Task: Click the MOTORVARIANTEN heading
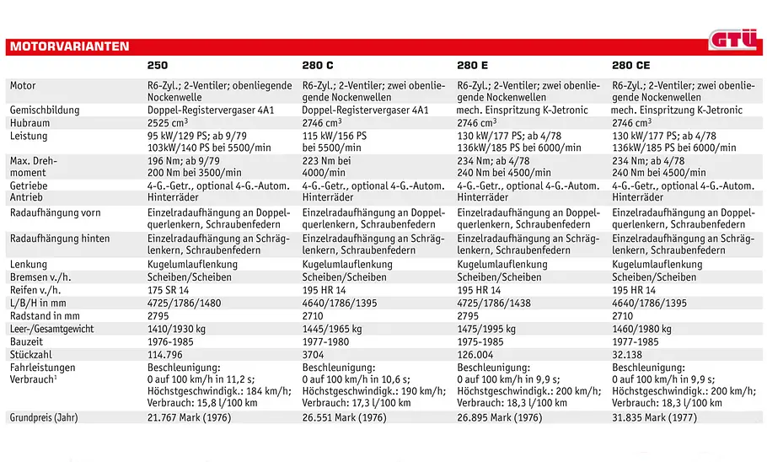click(x=69, y=46)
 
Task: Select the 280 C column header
click(x=318, y=65)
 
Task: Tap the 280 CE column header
click(x=631, y=65)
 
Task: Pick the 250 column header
click(x=158, y=65)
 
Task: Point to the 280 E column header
click(x=472, y=65)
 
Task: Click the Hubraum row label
click(x=29, y=123)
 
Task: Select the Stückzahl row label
click(x=31, y=354)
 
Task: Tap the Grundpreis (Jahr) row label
click(x=44, y=417)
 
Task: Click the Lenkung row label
click(x=29, y=264)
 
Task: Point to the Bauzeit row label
click(x=26, y=341)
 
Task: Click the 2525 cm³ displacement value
click(x=167, y=122)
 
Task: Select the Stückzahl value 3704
click(x=313, y=354)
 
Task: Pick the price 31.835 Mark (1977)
click(x=653, y=417)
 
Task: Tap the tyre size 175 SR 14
click(x=169, y=290)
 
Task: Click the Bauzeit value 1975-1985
click(x=480, y=341)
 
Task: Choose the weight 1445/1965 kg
click(x=332, y=329)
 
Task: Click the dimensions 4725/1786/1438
click(x=494, y=303)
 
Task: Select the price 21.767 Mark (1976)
click(x=190, y=417)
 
